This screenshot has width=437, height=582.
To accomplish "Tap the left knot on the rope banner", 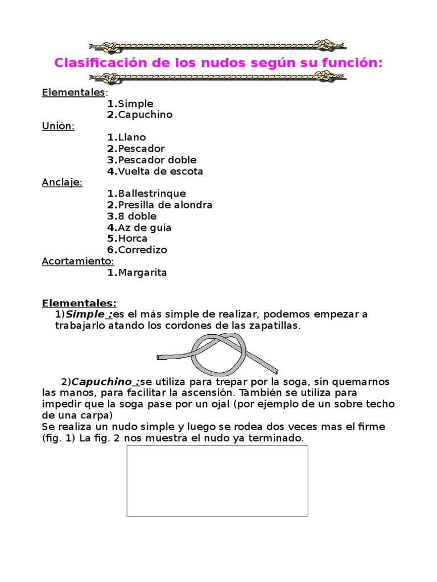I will [x=109, y=45].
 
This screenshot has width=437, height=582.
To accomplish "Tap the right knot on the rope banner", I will [x=326, y=45].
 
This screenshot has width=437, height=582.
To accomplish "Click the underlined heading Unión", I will [x=58, y=126].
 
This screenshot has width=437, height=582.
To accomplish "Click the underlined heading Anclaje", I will [x=62, y=182].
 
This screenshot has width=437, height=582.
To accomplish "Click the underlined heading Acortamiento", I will [x=78, y=261].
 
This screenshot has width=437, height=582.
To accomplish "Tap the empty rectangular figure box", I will [x=217, y=481].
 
